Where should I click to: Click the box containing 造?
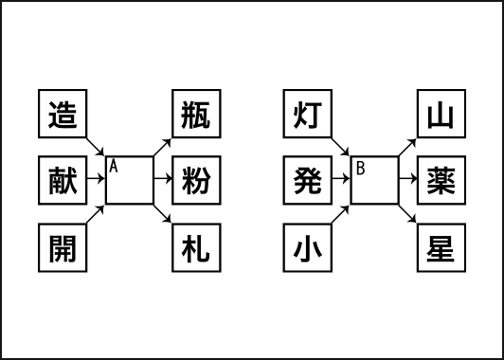click(63, 115)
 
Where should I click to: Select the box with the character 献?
click(63, 179)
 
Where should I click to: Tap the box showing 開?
click(63, 249)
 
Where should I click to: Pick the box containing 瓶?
click(195, 115)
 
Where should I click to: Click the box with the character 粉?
click(195, 179)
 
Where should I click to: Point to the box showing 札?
click(195, 249)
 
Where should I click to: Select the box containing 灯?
click(309, 115)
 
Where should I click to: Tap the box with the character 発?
click(309, 179)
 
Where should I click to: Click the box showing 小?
click(309, 249)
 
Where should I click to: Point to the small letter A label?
click(113, 167)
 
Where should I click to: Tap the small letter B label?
click(360, 169)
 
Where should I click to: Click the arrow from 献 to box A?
click(96, 179)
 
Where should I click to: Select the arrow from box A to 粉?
click(162, 179)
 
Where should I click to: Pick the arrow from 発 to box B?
click(342, 179)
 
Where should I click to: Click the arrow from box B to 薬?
click(408, 179)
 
